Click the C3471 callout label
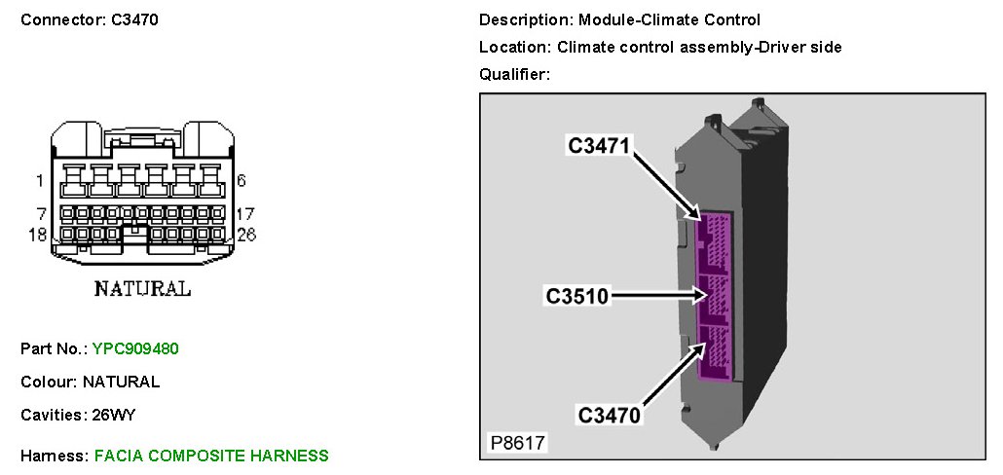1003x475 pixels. tap(600, 146)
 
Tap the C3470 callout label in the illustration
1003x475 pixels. tap(610, 416)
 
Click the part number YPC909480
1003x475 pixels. tap(135, 348)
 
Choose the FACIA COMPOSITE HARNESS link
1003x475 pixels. tap(211, 456)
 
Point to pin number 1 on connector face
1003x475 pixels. tap(39, 180)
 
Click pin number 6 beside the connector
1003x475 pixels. tap(241, 180)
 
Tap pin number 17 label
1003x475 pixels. tap(244, 212)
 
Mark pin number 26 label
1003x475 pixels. tap(245, 234)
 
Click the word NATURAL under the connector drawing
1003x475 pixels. tap(142, 289)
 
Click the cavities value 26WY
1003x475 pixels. tap(113, 415)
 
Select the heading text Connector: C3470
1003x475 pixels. tap(90, 19)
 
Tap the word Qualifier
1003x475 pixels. tap(514, 74)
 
